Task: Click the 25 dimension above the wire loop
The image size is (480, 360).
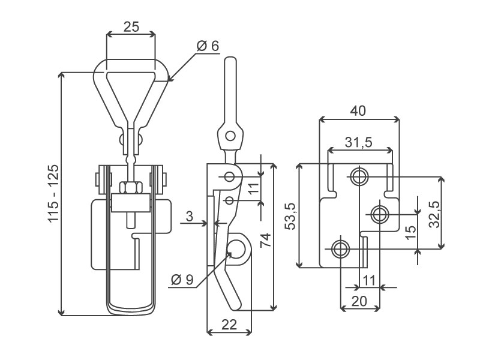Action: [131, 27]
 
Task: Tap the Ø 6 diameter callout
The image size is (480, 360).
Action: [208, 46]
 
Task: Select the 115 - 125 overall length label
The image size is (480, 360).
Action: [53, 193]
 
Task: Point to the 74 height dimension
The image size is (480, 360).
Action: [265, 240]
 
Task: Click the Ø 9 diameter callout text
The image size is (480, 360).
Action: [182, 280]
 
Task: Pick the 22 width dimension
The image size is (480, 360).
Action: [229, 325]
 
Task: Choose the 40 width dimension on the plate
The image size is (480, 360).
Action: [358, 110]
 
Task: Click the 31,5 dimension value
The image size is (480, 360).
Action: [358, 142]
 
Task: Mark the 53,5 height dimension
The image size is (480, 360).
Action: [290, 216]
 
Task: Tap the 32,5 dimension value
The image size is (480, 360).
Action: [434, 214]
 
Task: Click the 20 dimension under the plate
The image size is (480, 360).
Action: [359, 302]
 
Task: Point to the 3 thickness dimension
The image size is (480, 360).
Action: [190, 216]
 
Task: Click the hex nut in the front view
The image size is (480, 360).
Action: [131, 188]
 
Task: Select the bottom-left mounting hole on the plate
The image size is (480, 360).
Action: [340, 248]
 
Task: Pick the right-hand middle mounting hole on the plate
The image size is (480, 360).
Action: [380, 214]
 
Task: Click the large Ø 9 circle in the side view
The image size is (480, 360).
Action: [236, 248]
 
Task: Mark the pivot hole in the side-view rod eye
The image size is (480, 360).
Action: [230, 136]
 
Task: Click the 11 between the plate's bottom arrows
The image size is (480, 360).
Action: [369, 280]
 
